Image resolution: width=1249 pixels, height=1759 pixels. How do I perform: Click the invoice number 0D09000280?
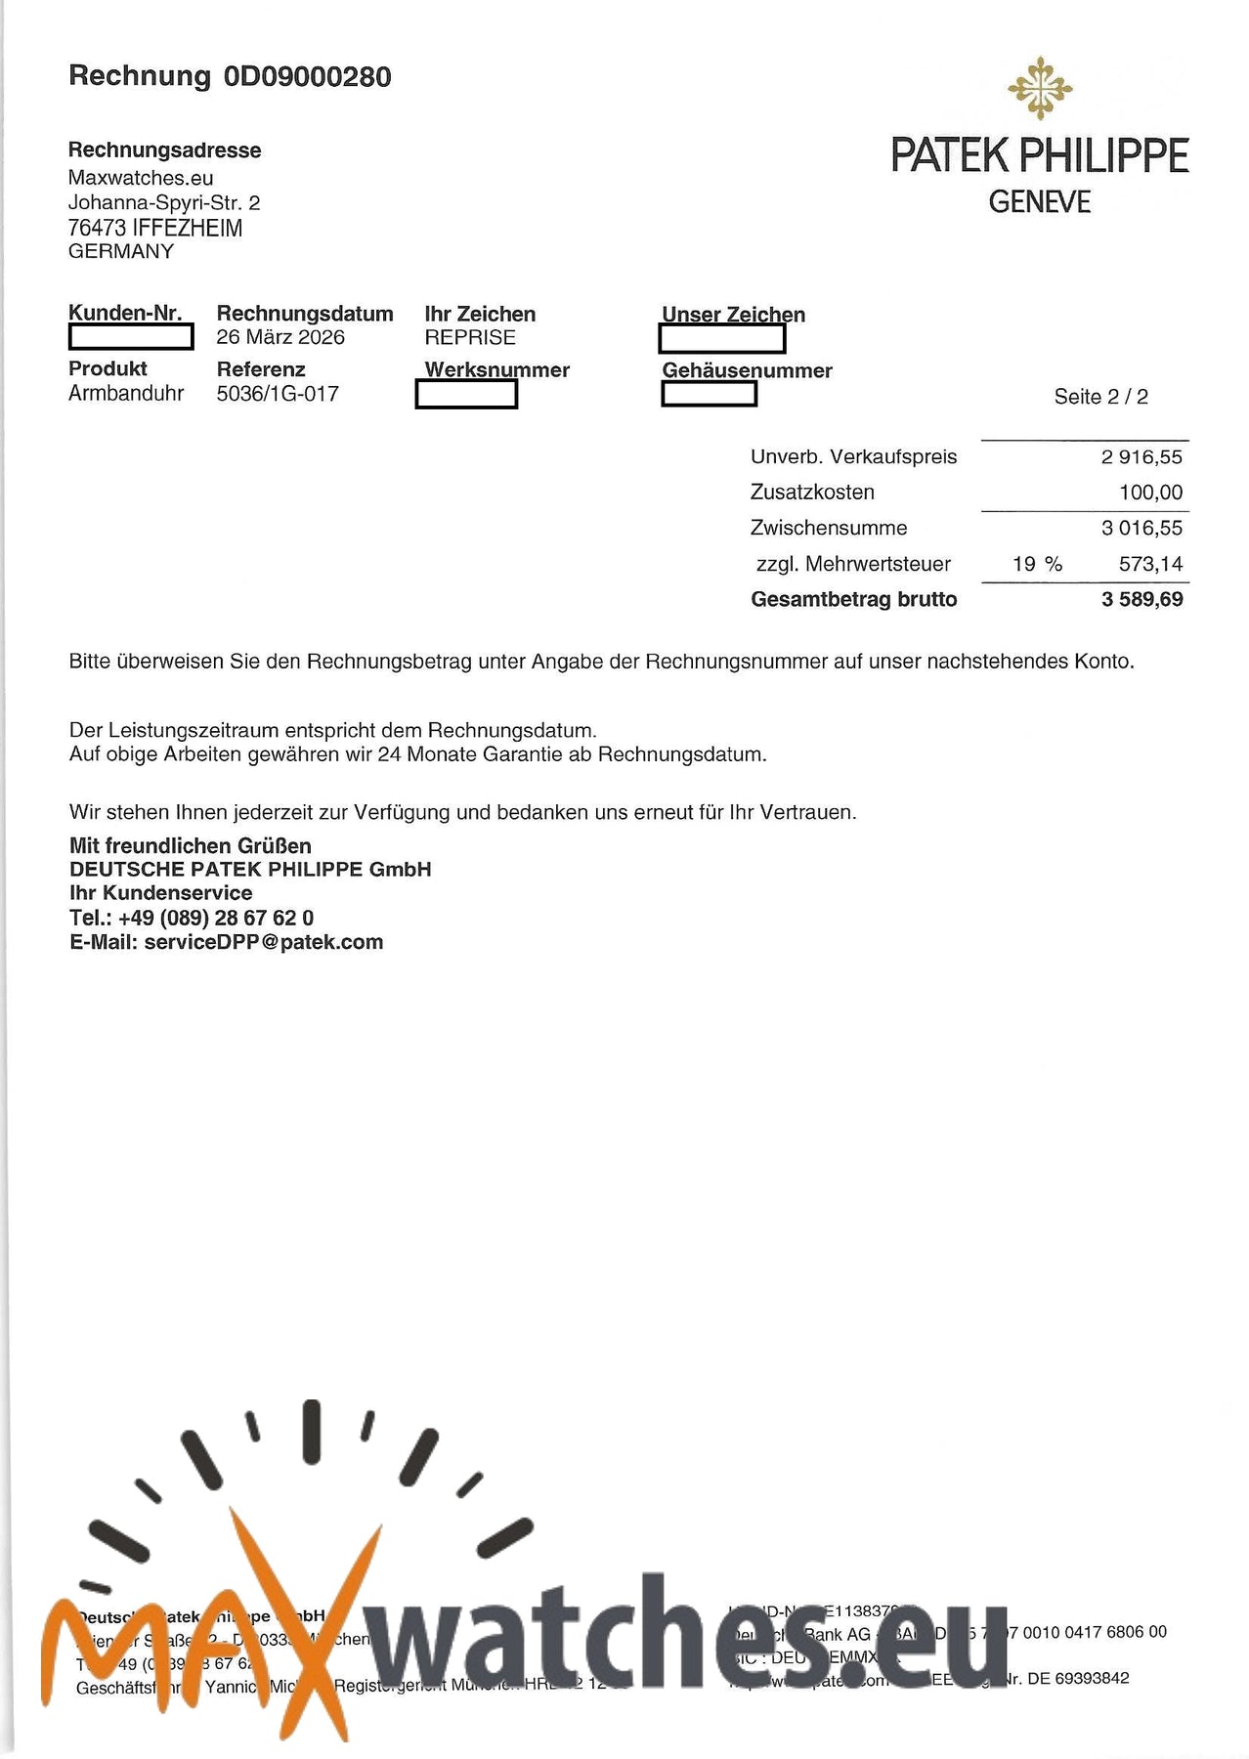click(308, 76)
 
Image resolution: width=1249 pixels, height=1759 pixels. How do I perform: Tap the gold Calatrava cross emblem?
click(1040, 89)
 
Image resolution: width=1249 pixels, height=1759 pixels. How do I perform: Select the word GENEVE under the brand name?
click(1039, 202)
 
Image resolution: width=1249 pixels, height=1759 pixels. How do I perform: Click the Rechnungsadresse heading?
click(164, 150)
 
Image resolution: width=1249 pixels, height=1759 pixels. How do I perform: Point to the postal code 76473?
click(97, 229)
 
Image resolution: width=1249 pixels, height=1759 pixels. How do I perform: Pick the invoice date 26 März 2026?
click(280, 337)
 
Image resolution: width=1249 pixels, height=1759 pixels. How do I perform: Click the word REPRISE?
click(470, 337)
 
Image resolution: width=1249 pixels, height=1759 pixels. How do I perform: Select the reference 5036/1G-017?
click(278, 394)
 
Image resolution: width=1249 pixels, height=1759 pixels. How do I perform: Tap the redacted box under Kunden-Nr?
click(131, 337)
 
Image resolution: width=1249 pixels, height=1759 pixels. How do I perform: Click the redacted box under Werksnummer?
click(466, 395)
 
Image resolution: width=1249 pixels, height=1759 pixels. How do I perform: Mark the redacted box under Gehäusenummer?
click(709, 394)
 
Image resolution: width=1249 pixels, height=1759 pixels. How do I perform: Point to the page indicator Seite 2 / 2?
click(1100, 397)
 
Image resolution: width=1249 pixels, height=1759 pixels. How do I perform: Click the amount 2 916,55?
click(1141, 457)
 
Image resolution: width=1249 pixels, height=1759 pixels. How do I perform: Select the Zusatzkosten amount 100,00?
click(1150, 493)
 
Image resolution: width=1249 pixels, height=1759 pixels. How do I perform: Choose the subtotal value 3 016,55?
click(1141, 529)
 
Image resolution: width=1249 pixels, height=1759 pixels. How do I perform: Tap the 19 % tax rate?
click(1037, 564)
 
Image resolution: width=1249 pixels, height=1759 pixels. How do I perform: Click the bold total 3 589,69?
click(1141, 599)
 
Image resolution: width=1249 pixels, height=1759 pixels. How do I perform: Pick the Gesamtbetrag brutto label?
click(853, 599)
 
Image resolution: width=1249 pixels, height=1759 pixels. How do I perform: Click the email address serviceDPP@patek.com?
click(263, 942)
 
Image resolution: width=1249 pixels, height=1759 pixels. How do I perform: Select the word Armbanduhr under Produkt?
click(126, 394)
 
